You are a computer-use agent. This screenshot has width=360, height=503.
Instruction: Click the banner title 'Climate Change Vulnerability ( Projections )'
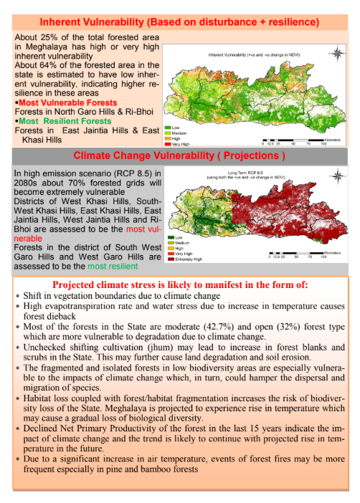click(179, 155)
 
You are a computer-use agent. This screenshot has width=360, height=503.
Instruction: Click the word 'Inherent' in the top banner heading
click(67, 21)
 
